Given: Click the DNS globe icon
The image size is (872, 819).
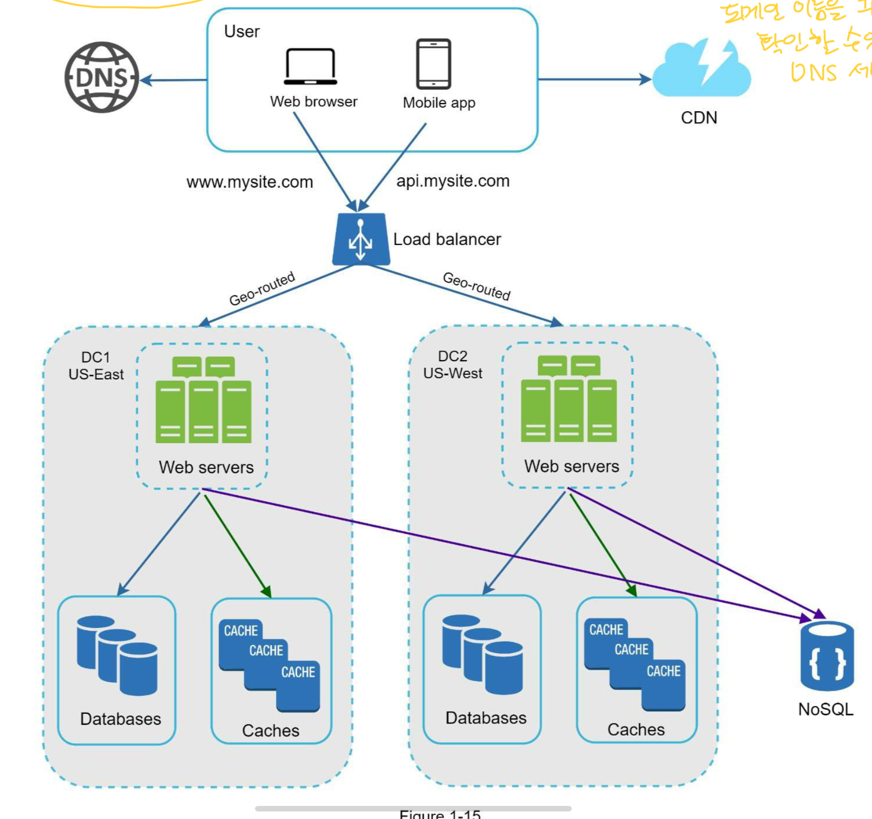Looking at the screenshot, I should point(102,77).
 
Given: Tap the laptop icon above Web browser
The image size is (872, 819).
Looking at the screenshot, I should point(310,66).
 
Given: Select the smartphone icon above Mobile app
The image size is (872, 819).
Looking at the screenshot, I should point(433,64).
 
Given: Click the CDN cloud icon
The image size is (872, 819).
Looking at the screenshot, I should point(701,70).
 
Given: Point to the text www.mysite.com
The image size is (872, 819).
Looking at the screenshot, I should point(249,182).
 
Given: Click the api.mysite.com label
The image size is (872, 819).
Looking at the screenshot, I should point(453,181).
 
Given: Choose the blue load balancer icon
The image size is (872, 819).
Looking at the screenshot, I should point(361,239).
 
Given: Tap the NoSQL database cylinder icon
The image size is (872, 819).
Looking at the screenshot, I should point(826,657).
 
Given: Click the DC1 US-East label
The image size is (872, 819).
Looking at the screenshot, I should point(96,366).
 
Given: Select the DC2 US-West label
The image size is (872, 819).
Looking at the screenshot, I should point(453,365).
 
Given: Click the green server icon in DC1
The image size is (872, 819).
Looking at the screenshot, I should point(203,400).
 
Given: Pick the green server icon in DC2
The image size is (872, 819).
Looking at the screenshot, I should point(569,399).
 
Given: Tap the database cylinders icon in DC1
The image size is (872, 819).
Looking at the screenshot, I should point(117,656).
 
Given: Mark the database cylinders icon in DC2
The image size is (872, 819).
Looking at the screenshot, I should point(483,654).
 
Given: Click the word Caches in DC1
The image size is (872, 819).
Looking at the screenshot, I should point(271,730).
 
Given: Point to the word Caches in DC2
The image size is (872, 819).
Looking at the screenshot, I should point(636,729).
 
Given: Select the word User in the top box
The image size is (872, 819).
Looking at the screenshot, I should point(242,32).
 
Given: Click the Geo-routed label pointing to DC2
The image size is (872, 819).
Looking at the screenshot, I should point(476,286).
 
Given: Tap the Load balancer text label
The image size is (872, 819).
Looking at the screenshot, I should point(447,239).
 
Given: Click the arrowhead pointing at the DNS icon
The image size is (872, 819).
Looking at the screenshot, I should point(146,80).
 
